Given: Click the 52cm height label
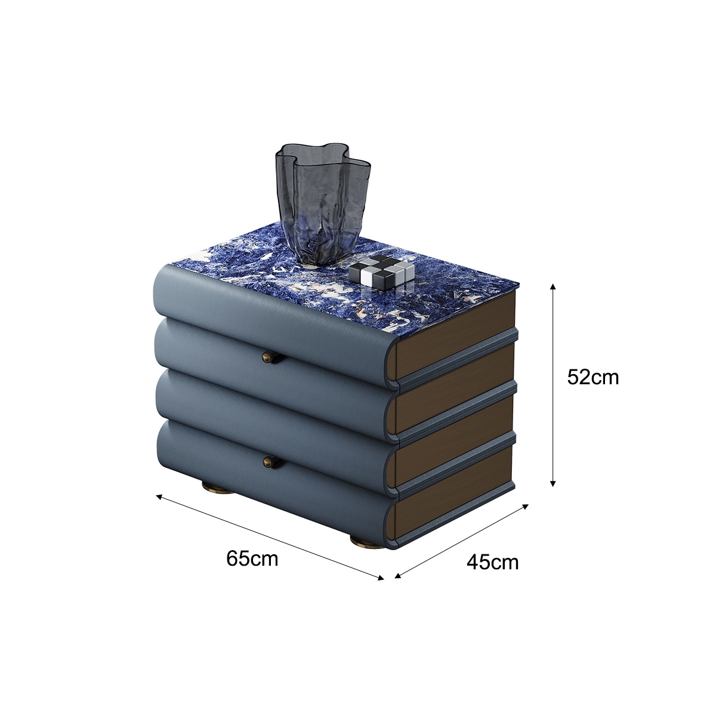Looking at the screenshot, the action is click(x=592, y=378).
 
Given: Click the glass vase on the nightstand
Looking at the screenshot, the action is click(x=323, y=203).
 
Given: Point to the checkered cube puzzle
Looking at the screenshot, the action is click(x=381, y=271).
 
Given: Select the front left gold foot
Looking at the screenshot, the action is click(x=217, y=487).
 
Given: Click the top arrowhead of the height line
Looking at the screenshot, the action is click(x=553, y=286).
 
